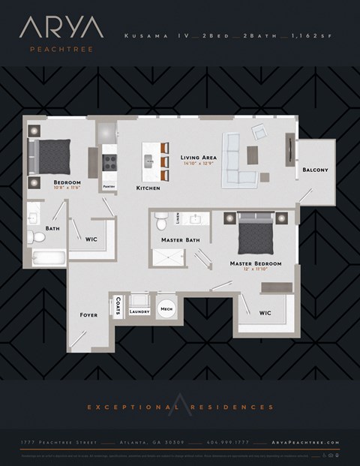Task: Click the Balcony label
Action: (315, 170)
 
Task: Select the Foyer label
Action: (88, 315)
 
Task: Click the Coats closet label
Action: (119, 306)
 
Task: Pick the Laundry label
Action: (140, 311)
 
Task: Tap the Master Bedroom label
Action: (256, 264)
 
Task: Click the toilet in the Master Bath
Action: (160, 220)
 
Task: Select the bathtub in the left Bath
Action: (47, 257)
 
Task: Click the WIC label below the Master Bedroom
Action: (265, 313)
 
